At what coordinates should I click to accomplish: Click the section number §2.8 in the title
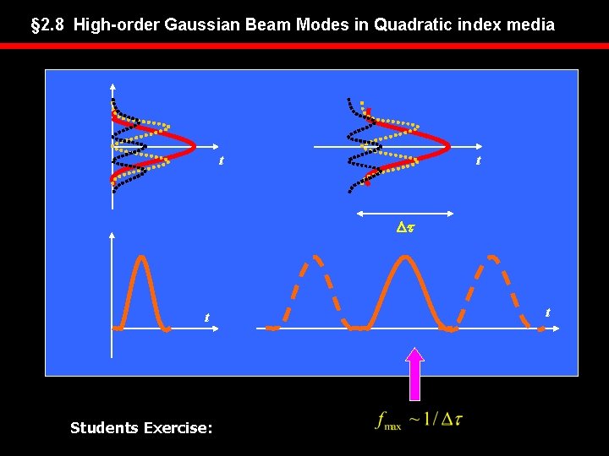click(x=48, y=25)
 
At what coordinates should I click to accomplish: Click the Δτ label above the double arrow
click(x=406, y=227)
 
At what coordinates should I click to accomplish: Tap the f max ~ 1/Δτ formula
click(x=419, y=420)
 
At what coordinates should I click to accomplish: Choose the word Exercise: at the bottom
click(x=179, y=428)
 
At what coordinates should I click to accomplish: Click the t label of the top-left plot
click(x=221, y=160)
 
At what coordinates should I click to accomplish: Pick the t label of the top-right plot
click(x=478, y=160)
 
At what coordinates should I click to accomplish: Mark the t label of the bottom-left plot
click(x=206, y=318)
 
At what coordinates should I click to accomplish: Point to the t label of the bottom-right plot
click(x=547, y=312)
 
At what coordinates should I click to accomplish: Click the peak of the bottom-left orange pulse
click(x=143, y=257)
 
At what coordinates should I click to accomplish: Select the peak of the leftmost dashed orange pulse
click(x=315, y=256)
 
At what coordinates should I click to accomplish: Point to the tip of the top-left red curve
click(x=196, y=146)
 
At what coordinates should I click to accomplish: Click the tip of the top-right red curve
click(x=448, y=146)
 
